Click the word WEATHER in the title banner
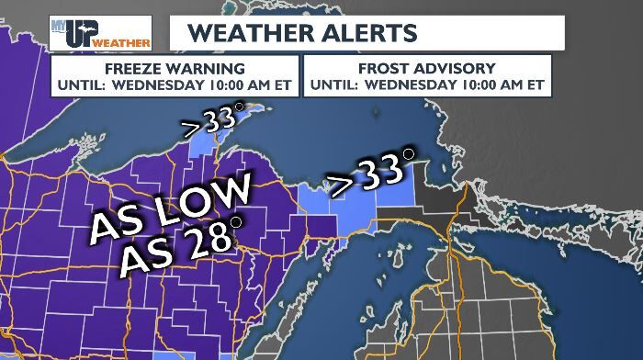pos(243,32)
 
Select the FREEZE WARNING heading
pos(175,68)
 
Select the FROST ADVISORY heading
pos(427,68)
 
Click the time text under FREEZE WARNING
pos(175,84)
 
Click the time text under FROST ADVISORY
pos(427,84)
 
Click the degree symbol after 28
pos(236,222)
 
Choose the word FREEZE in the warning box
pos(134,68)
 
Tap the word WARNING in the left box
pos(214,68)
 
